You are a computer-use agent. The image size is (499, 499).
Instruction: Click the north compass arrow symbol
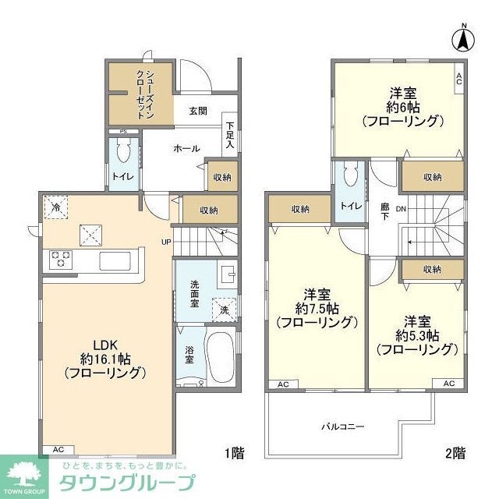pyautogui.click(x=461, y=40)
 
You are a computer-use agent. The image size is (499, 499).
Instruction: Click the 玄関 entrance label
pyautogui.click(x=197, y=111)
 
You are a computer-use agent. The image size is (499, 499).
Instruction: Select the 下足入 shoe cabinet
pyautogui.click(x=230, y=134)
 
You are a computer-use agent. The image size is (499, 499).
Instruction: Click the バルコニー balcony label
pyautogui.click(x=343, y=426)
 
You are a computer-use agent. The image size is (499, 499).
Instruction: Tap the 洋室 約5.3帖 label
pyautogui.click(x=416, y=334)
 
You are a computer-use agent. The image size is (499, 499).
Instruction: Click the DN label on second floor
pyautogui.click(x=402, y=209)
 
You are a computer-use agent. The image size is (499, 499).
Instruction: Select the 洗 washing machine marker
pyautogui.click(x=225, y=309)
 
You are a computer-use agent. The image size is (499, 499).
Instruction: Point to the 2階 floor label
pyautogui.click(x=456, y=452)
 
